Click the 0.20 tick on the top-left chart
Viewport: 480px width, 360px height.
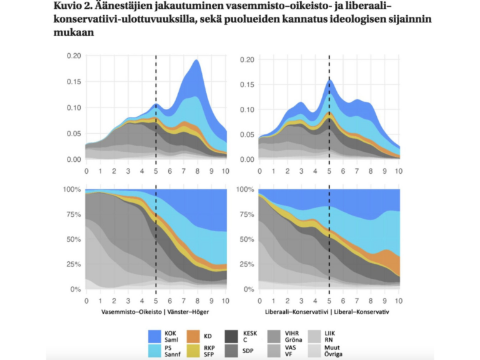[74, 56]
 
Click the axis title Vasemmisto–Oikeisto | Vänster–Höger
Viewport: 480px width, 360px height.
[156, 311]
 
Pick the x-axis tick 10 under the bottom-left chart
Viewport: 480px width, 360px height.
[226, 301]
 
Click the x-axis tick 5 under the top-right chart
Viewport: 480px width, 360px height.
[329, 171]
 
